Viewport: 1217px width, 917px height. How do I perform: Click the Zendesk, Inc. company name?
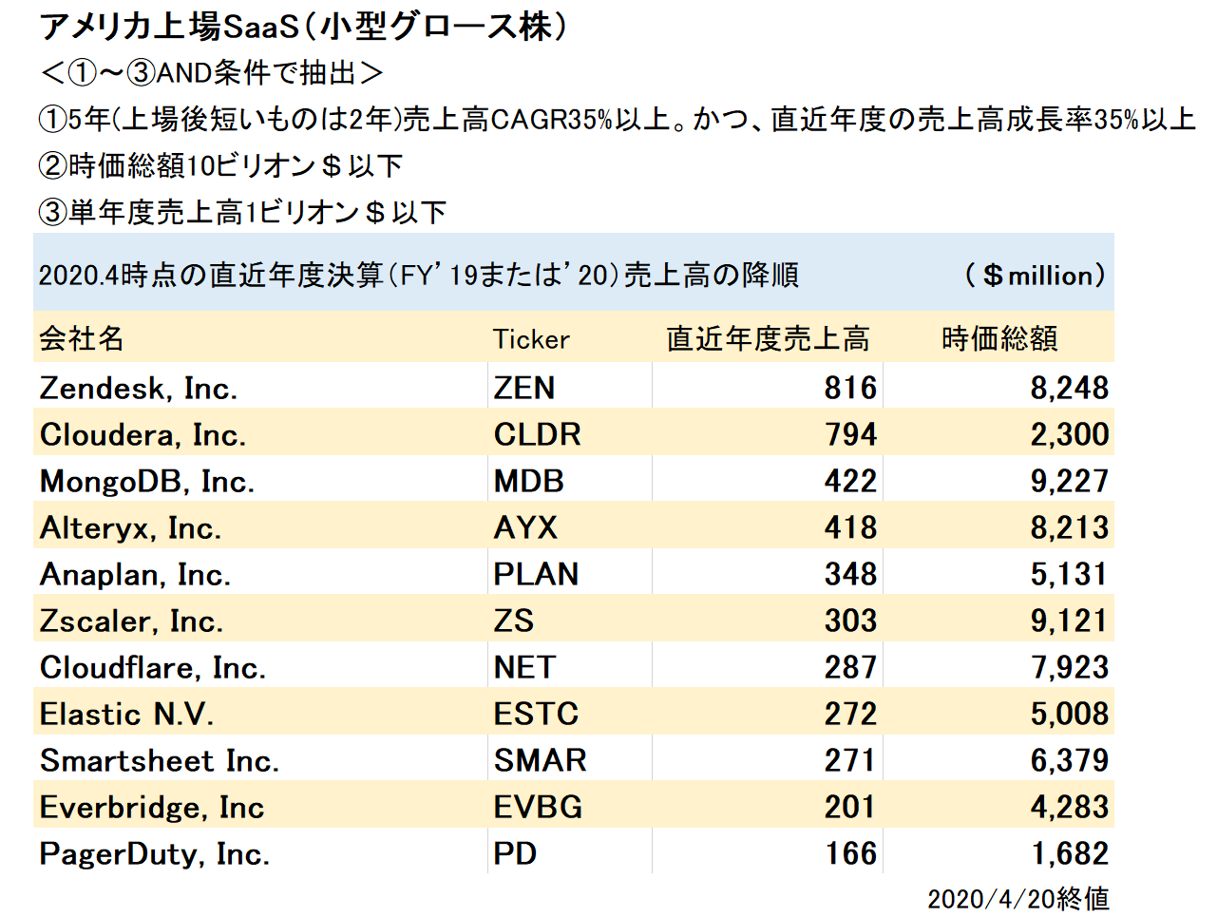coord(139,389)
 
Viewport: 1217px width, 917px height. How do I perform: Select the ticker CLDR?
coord(537,434)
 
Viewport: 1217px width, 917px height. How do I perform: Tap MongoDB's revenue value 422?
coord(850,481)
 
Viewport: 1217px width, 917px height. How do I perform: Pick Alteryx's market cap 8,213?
coord(1070,527)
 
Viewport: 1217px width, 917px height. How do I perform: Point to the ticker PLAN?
coord(536,574)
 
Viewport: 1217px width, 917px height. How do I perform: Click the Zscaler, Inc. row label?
coord(131,621)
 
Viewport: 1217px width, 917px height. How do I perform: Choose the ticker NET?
coord(524,667)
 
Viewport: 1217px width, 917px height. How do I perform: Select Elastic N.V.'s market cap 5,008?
coord(1070,714)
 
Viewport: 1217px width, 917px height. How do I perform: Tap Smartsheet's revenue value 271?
coord(850,760)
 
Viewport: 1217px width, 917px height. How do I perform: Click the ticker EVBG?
coord(538,807)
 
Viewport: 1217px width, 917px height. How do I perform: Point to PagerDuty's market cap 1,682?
coord(1070,853)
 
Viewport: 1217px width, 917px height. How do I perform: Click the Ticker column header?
coord(531,339)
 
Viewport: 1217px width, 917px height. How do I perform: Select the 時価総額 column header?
coord(999,338)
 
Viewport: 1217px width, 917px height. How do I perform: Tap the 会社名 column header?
coord(82,338)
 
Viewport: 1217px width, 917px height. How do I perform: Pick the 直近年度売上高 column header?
coord(768,338)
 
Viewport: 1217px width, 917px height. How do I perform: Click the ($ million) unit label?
coord(1036,276)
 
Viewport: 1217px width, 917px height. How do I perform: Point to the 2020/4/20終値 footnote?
coord(1018,898)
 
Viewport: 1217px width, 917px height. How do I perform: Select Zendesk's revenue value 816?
coord(850,388)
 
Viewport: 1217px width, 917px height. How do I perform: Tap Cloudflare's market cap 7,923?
coord(1070,667)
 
